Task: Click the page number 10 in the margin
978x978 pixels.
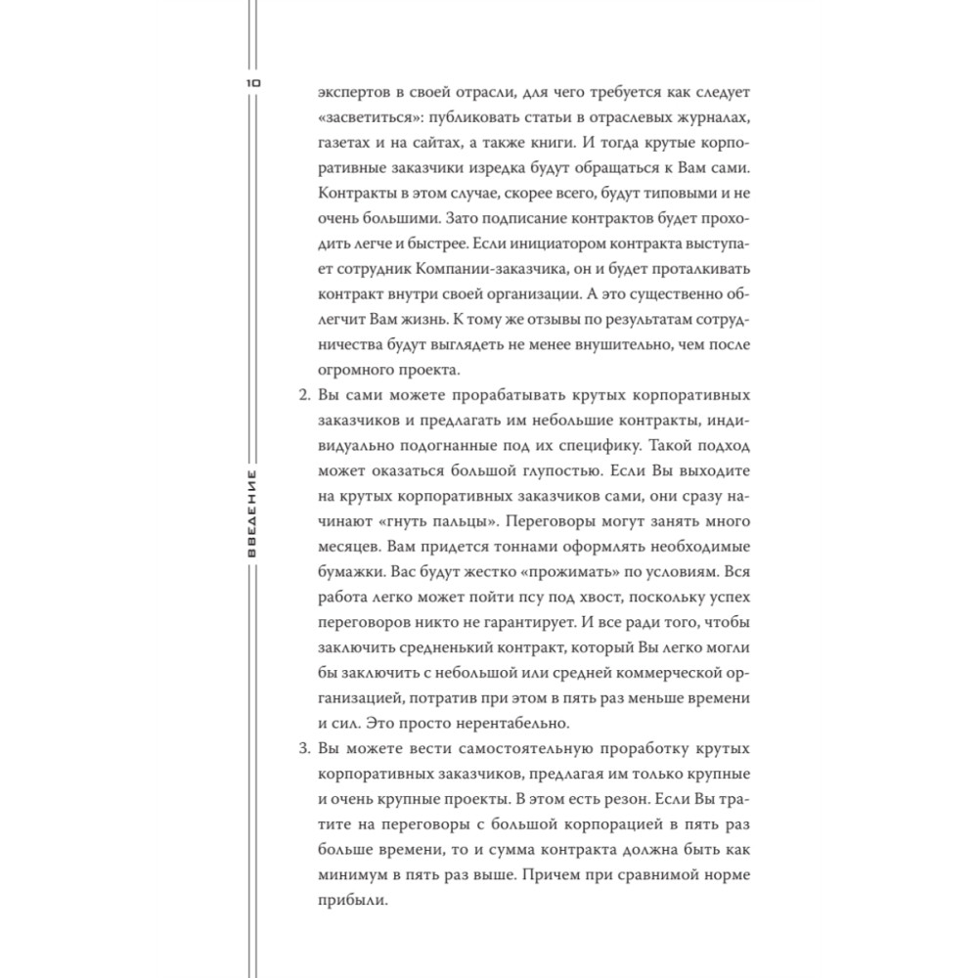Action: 253,85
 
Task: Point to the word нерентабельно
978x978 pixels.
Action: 512,724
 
